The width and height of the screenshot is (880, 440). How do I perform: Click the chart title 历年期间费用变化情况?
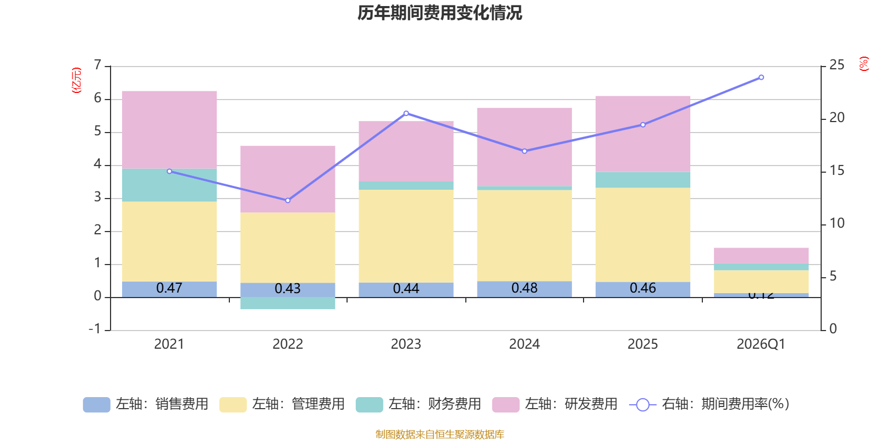tap(439, 13)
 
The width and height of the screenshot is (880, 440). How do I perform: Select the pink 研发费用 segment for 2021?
tap(169, 130)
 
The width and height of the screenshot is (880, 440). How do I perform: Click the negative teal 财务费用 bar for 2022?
tap(288, 303)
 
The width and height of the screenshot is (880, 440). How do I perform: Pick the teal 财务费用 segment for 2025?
tap(642, 180)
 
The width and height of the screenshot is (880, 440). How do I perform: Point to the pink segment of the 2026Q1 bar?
tap(761, 255)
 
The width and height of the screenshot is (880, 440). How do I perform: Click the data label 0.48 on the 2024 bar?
tap(524, 288)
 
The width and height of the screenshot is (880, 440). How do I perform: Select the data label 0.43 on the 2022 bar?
tap(288, 289)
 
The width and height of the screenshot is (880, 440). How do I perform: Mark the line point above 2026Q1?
tap(761, 78)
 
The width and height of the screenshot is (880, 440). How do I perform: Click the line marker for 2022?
tap(288, 200)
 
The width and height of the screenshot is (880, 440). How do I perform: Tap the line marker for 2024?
tap(524, 151)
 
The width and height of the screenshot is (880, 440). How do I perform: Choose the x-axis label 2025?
tap(642, 344)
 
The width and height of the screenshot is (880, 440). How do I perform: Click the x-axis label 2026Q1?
tap(761, 344)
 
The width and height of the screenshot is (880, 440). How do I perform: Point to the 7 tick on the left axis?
tap(98, 65)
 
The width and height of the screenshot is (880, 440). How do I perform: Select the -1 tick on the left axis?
tap(95, 329)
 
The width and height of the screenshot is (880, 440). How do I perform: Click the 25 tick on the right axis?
tap(837, 65)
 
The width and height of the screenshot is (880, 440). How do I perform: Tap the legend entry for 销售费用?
tap(146, 404)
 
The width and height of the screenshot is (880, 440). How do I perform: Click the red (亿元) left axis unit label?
tap(76, 80)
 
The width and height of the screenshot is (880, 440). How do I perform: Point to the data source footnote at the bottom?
tap(439, 435)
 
